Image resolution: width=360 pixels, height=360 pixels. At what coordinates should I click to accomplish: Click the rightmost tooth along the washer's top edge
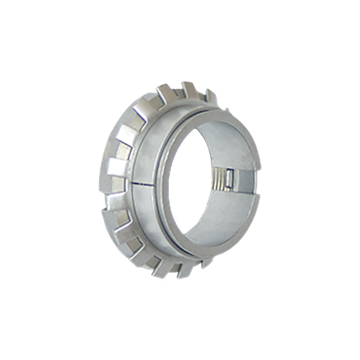click(x=211, y=96)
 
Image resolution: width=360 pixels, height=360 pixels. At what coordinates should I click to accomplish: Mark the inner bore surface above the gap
click(x=226, y=147)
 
